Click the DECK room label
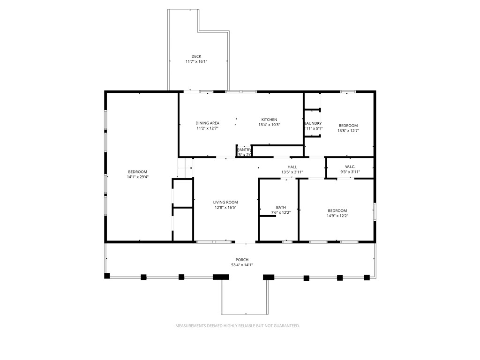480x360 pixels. (x=196, y=56)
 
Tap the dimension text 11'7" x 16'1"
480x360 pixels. (x=196, y=61)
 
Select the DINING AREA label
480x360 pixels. (x=207, y=123)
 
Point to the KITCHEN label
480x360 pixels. (x=269, y=120)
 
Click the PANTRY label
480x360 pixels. (x=244, y=150)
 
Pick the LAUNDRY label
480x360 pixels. (x=313, y=123)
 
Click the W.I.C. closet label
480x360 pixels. (x=350, y=167)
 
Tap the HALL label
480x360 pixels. (x=292, y=167)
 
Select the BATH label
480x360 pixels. (x=281, y=208)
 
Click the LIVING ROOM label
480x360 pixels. (x=225, y=202)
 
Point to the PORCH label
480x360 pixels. (x=242, y=260)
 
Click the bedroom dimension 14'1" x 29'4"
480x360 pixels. (x=137, y=177)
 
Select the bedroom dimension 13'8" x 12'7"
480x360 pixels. (x=348, y=131)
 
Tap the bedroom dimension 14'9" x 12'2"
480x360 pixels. (x=337, y=216)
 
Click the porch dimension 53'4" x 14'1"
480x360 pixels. (x=242, y=265)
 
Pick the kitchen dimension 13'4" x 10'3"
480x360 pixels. (x=269, y=125)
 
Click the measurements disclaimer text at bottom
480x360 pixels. (x=238, y=325)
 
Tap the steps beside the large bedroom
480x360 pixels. (x=186, y=168)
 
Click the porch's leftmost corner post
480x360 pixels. (x=107, y=276)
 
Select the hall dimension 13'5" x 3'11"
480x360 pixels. (x=292, y=172)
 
